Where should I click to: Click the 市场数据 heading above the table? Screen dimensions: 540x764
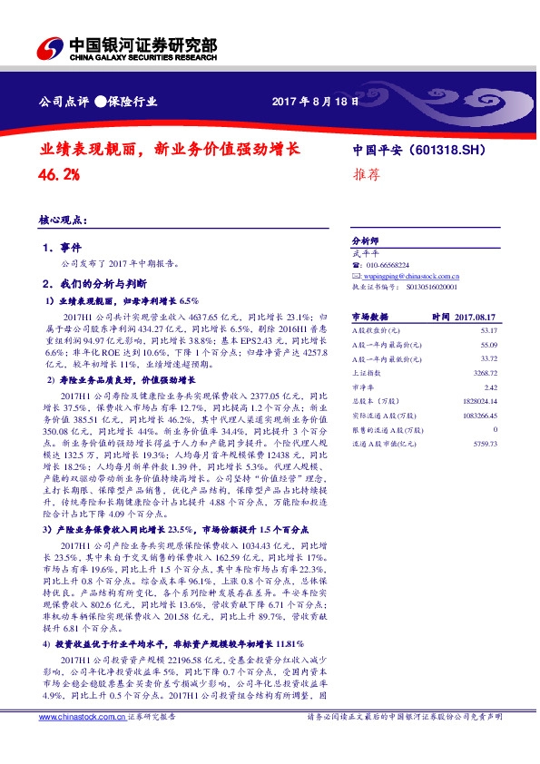pos(368,317)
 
